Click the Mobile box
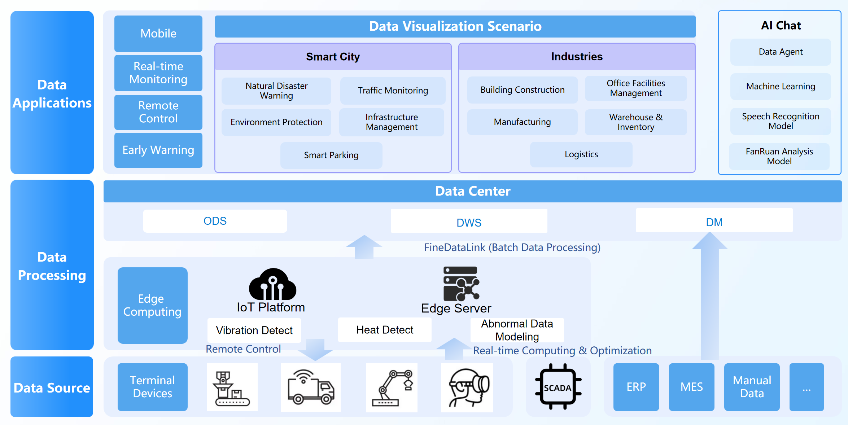[158, 34]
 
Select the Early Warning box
[158, 150]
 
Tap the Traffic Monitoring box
[393, 91]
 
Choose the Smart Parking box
[331, 155]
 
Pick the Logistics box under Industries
[581, 154]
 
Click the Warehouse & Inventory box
[635, 122]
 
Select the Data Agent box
[780, 52]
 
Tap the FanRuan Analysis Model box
[779, 156]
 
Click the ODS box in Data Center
[215, 221]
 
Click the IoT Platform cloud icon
[272, 285]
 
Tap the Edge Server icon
[461, 284]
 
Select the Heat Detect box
[384, 330]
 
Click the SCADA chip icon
[558, 387]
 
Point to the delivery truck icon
[310, 387]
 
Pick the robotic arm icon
[392, 387]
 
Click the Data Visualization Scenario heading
[455, 26]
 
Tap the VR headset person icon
[467, 387]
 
